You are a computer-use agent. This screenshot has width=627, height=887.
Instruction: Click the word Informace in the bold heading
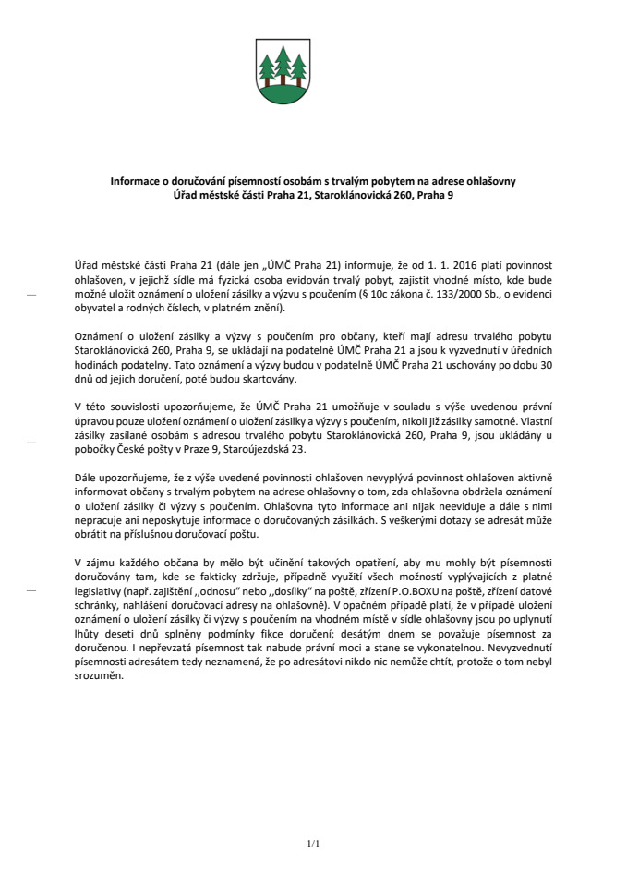click(x=136, y=182)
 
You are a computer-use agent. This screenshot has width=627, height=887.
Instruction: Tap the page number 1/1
click(x=312, y=844)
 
